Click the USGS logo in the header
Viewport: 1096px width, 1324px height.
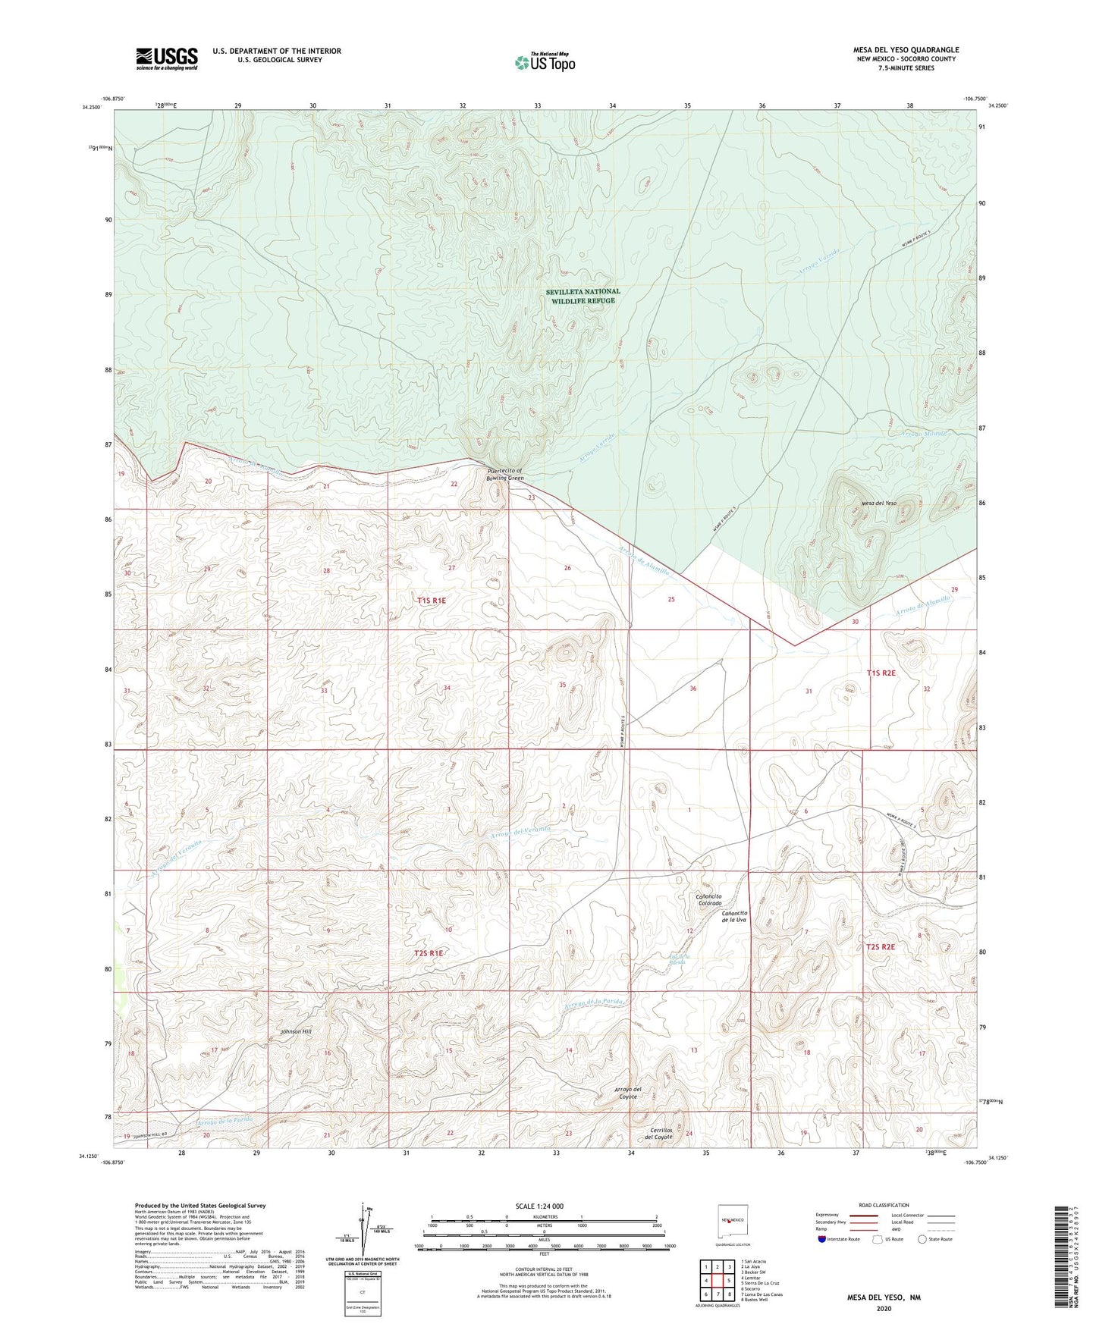167,58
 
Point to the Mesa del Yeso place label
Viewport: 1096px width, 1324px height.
878,504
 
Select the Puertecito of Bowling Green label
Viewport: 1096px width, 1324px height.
505,475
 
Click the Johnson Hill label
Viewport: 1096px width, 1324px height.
296,1031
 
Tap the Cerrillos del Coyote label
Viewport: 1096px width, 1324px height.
658,1134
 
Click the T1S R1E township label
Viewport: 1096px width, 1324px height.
432,601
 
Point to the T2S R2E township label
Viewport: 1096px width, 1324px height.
881,947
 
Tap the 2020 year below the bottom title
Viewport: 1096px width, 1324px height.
883,1308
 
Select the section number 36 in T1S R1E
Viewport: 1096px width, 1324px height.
692,689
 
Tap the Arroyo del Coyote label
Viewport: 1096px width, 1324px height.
628,1093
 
